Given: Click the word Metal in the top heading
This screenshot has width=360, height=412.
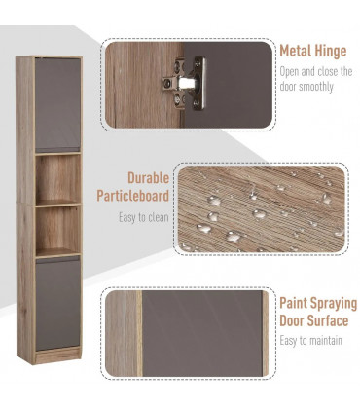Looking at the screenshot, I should click(297, 51).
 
